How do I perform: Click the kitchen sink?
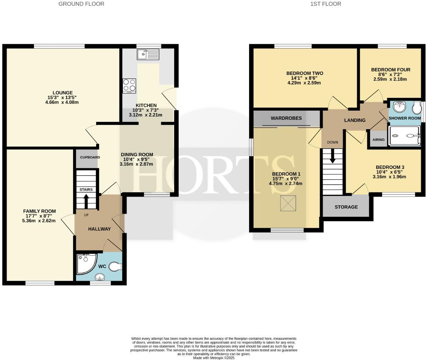(148, 54)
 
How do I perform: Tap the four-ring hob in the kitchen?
(129, 86)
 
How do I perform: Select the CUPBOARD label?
(90, 157)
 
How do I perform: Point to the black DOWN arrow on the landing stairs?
(333, 157)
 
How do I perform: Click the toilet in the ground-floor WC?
(115, 266)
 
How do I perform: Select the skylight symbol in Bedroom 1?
(288, 203)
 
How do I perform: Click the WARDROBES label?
(286, 118)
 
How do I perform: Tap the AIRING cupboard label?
(379, 140)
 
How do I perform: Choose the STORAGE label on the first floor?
(346, 207)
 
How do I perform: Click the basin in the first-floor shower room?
(399, 107)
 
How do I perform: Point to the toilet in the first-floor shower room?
(417, 108)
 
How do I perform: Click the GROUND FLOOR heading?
(81, 4)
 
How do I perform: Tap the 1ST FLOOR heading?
(326, 4)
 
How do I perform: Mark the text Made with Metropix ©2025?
(213, 358)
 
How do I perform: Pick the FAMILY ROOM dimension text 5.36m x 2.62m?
(39, 221)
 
